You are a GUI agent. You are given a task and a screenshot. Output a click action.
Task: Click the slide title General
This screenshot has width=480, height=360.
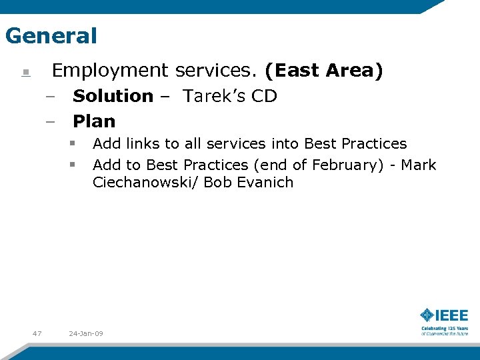51,35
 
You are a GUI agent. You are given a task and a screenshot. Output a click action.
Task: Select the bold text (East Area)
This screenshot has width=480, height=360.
323,71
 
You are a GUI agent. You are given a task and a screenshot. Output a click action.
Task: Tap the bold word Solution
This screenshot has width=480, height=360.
113,96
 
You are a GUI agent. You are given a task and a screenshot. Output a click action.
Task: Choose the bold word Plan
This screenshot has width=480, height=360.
94,121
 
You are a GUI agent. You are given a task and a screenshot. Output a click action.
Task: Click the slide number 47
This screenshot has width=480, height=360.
37,333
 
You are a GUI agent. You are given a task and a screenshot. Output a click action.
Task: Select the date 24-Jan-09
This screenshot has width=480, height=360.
86,333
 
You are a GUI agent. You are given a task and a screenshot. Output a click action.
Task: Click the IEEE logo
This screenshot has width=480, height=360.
444,315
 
